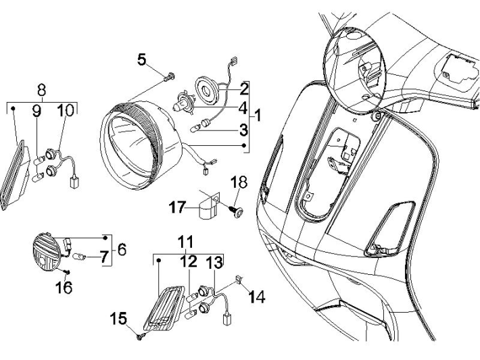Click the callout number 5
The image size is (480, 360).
click(x=142, y=59)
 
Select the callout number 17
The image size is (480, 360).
click(x=176, y=209)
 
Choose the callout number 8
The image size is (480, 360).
click(x=41, y=89)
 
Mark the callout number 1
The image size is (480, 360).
click(x=257, y=115)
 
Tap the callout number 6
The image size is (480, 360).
click(x=121, y=249)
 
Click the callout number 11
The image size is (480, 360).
click(x=185, y=242)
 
